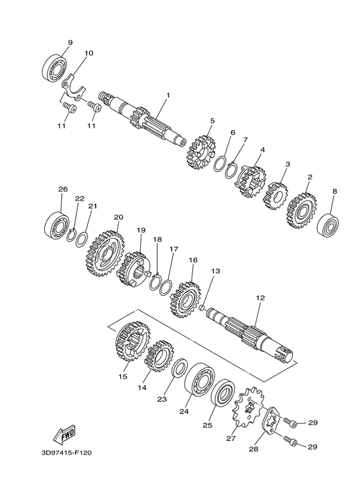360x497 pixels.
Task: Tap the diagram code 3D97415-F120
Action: pos(66,453)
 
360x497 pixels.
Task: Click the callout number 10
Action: pos(89,53)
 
